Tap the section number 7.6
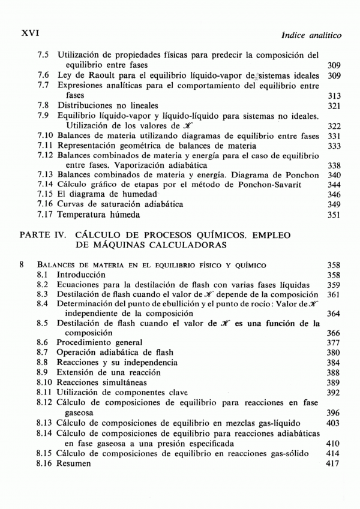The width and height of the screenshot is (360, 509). (43, 75)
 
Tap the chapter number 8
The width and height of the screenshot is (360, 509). (22, 264)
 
